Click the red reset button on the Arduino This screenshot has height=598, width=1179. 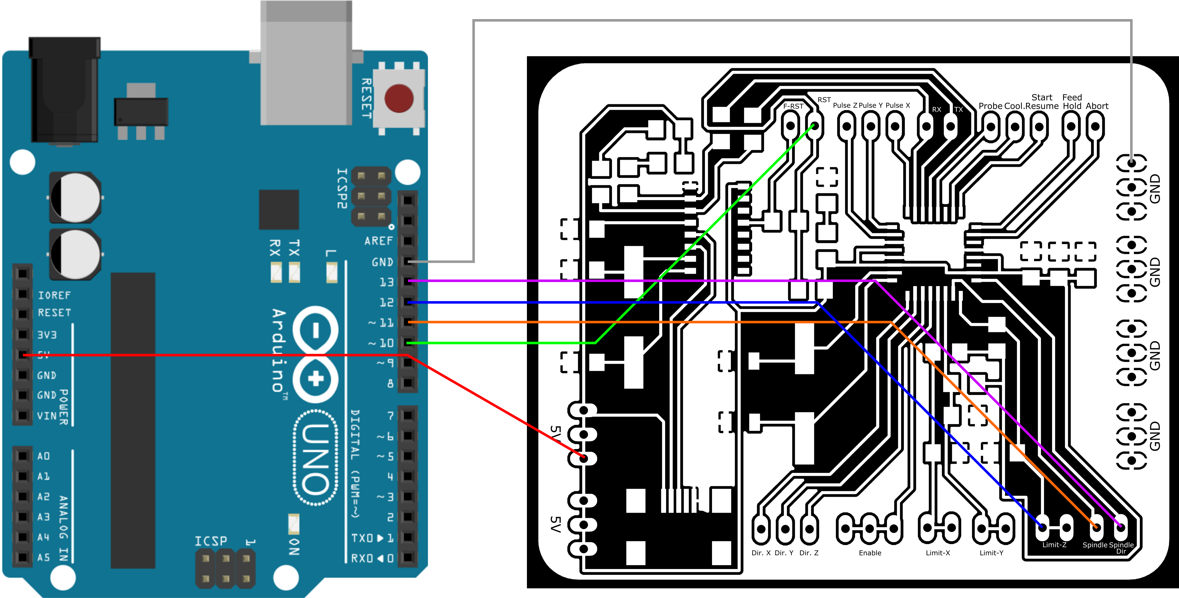(399, 98)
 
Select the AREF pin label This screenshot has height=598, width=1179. (379, 241)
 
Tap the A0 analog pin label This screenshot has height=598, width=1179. (43, 456)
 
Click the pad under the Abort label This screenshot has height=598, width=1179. (1095, 126)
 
